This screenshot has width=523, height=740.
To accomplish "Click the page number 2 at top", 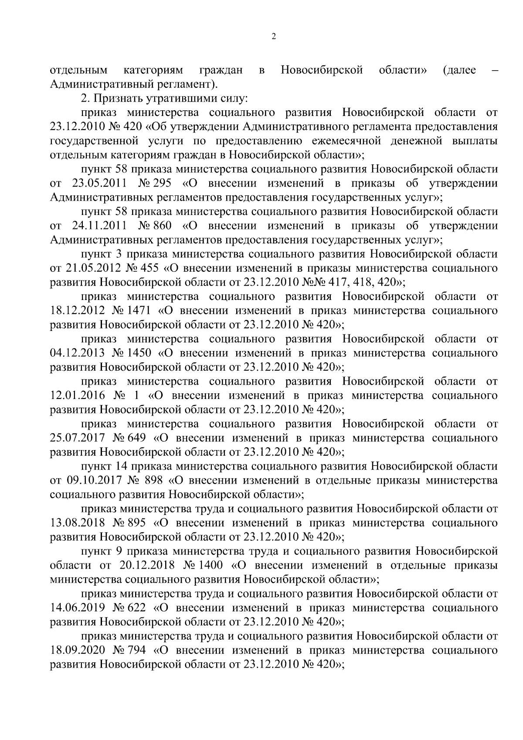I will (x=274, y=37).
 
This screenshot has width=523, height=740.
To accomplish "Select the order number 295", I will (x=162, y=183).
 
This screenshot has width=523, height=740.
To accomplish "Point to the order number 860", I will (x=162, y=225).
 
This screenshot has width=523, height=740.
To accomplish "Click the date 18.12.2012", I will (x=78, y=310).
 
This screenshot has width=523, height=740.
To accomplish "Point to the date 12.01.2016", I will (x=78, y=396).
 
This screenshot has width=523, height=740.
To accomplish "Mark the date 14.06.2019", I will (x=78, y=607).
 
